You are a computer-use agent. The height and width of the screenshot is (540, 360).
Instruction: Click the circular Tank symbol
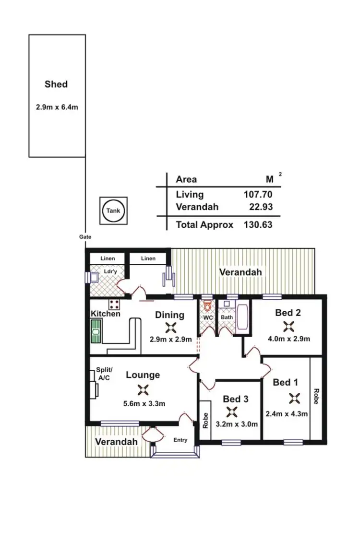pos(114,211)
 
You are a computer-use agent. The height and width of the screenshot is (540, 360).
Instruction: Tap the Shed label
pos(56,84)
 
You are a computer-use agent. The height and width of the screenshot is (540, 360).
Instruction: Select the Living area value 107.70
pos(258,195)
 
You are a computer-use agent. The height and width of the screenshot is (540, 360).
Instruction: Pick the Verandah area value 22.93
pos(261,207)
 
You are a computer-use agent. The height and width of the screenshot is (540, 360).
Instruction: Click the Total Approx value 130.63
pos(258,224)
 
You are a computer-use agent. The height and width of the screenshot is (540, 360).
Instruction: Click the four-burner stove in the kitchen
pos(114,304)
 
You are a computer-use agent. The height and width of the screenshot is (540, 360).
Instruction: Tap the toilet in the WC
pos(207,306)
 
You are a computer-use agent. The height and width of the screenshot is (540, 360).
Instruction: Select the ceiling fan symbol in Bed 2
pos(288,327)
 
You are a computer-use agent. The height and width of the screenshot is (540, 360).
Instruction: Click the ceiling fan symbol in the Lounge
pos(143,389)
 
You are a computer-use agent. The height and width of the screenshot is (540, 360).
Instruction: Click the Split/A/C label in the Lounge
pos(104,374)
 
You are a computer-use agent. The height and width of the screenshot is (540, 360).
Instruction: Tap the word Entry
pos(180,440)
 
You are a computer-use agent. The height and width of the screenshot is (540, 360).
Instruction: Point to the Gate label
pos(85,237)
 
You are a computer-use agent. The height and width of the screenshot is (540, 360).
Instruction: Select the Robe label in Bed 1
pos(316,396)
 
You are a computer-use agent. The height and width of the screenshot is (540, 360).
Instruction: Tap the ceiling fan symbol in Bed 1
pos(294,398)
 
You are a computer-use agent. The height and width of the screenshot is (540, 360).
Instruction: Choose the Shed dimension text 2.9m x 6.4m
pos(57,107)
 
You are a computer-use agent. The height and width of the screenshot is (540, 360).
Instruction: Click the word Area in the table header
pos(186,180)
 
